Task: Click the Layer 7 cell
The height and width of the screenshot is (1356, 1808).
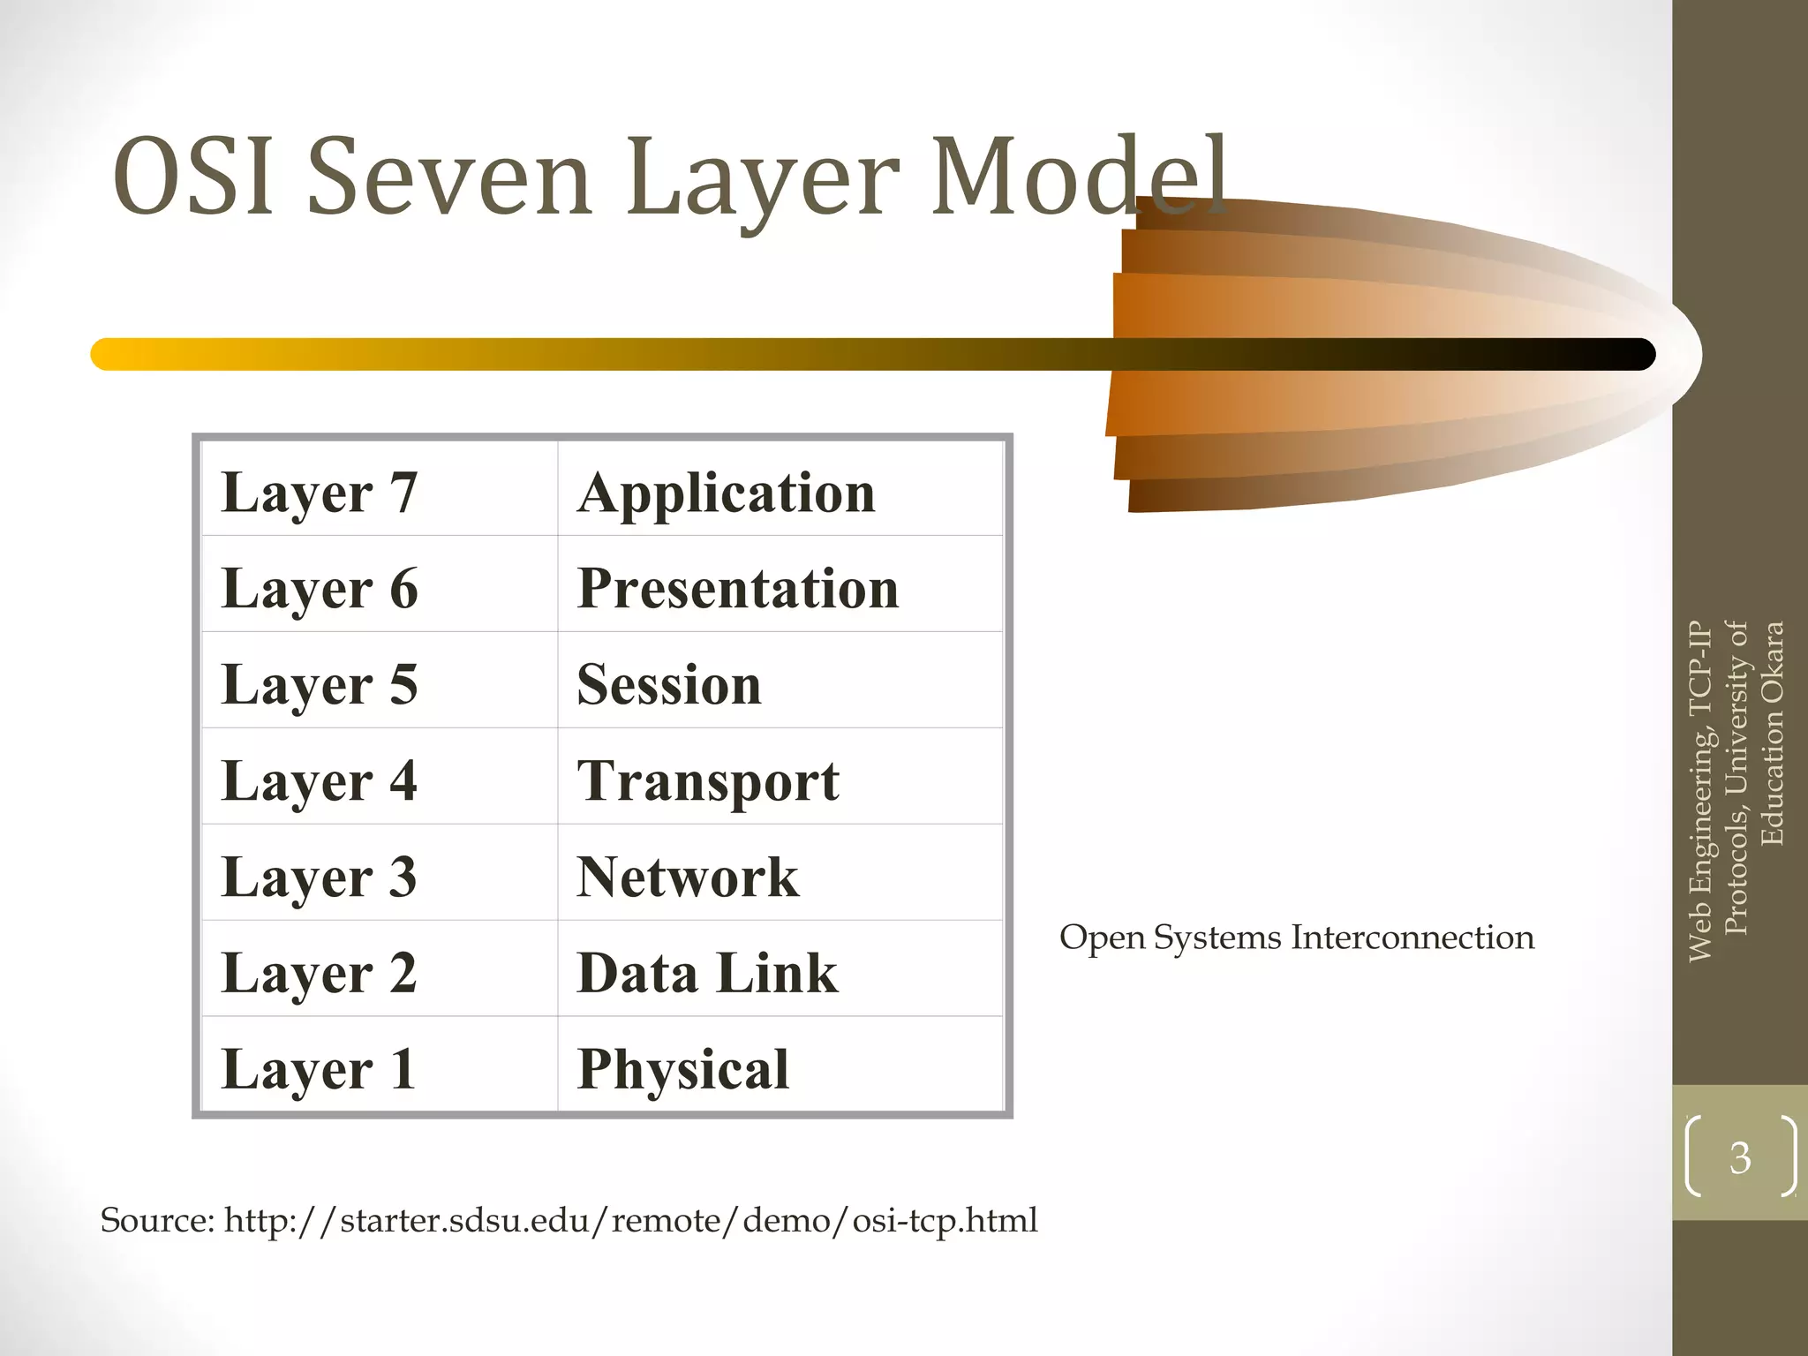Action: (319, 492)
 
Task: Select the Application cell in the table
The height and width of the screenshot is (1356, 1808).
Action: (726, 492)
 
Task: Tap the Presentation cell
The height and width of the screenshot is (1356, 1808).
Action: (737, 588)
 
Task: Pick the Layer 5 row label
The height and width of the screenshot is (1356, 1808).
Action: (319, 684)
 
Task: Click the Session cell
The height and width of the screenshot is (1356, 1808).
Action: (668, 684)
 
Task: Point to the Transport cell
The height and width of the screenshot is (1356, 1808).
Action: (707, 780)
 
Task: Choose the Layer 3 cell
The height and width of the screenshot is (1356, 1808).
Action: (319, 877)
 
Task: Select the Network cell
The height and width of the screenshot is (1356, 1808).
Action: (687, 877)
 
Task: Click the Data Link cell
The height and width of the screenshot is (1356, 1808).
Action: (706, 973)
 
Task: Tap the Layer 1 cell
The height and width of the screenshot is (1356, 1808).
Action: (319, 1069)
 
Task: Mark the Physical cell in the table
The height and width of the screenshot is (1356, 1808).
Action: (682, 1069)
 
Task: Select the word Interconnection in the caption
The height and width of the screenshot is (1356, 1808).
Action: (1412, 938)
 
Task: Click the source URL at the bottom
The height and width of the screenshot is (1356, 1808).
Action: (630, 1220)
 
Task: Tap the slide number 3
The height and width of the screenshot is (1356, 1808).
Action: (1740, 1157)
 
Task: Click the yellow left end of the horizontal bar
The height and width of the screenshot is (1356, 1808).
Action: (110, 354)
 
